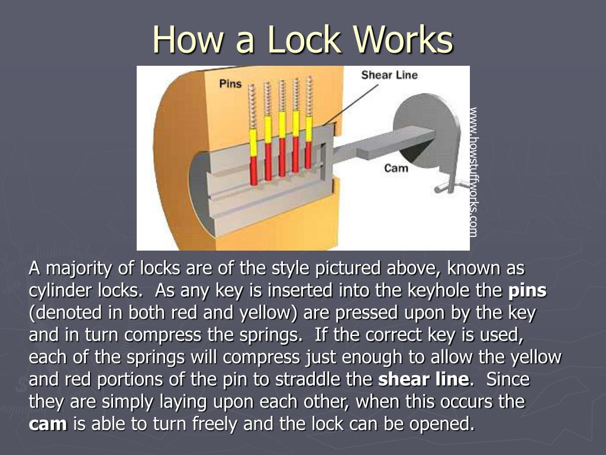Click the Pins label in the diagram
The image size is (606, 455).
pyautogui.click(x=230, y=84)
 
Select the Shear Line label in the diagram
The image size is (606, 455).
pyautogui.click(x=389, y=75)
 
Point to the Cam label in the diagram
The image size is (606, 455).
pyautogui.click(x=396, y=168)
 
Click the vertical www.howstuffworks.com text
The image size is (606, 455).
pyautogui.click(x=473, y=172)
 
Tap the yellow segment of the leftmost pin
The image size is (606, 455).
pyautogui.click(x=253, y=142)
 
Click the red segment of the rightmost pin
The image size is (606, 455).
pyautogui.click(x=308, y=153)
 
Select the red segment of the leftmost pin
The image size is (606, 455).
pyautogui.click(x=253, y=168)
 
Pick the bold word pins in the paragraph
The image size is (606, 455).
pyautogui.click(x=527, y=291)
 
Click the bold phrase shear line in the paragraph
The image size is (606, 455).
pyautogui.click(x=423, y=379)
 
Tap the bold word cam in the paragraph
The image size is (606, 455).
pyautogui.click(x=48, y=424)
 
